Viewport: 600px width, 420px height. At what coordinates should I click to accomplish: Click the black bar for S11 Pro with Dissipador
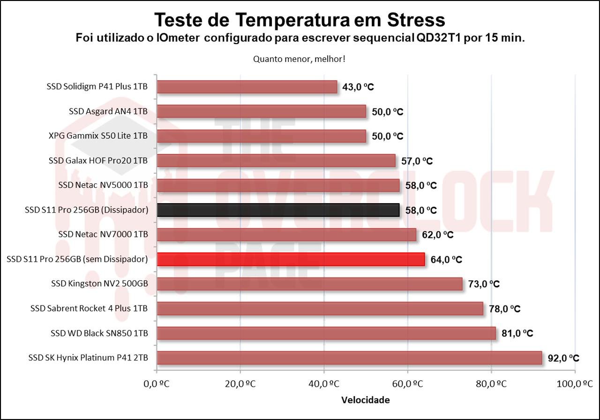tap(278, 210)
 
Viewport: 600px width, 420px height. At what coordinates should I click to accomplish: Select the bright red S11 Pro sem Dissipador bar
tap(291, 259)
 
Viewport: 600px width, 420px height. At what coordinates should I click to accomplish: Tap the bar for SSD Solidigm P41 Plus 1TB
tap(247, 87)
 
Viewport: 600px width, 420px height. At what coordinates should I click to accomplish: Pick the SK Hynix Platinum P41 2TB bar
tap(349, 358)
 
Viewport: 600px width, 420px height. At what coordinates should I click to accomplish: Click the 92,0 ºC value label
tap(563, 359)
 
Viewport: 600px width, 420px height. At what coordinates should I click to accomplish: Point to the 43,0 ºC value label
tap(358, 87)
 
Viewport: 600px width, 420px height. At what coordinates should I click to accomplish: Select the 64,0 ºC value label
tap(446, 260)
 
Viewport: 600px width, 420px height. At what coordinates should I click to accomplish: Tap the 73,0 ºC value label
tap(484, 284)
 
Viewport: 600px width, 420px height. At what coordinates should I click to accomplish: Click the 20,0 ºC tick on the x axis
tap(240, 384)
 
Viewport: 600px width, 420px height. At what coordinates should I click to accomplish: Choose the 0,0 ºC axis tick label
tap(156, 384)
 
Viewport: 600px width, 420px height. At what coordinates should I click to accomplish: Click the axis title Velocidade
tap(365, 400)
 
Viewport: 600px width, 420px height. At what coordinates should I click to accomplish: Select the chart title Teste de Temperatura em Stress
tap(300, 20)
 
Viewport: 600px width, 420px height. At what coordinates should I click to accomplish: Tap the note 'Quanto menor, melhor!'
tap(300, 59)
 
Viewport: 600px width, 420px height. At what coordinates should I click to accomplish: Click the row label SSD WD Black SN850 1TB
tap(99, 334)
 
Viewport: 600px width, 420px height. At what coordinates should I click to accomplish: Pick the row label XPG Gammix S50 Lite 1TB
tap(98, 136)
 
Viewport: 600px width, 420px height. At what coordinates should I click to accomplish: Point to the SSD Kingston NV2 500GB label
tap(99, 284)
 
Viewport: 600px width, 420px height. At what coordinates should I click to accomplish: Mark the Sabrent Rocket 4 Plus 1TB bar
tap(320, 309)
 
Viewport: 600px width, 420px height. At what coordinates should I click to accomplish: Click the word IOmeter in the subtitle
tap(179, 38)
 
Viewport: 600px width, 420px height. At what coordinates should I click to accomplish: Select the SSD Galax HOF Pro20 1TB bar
tap(276, 160)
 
